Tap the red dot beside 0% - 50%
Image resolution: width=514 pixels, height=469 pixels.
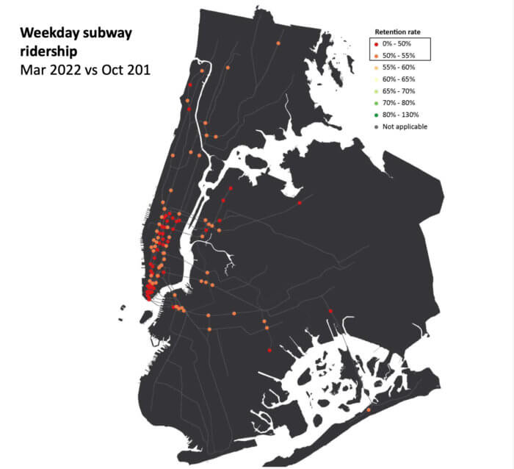377,44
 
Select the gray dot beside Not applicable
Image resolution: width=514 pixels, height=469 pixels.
377,126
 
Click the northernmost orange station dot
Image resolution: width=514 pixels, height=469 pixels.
278,44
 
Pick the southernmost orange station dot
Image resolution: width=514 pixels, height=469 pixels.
368,409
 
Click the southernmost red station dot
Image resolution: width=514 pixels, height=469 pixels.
269,351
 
